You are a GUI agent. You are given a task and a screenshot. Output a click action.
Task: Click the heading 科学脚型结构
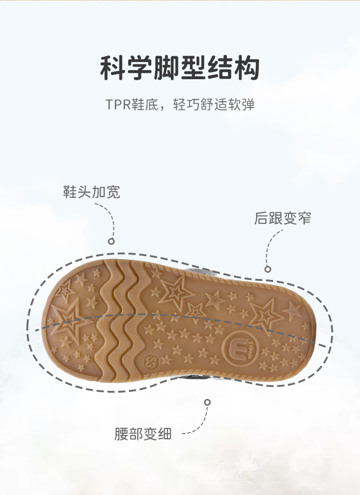(180, 68)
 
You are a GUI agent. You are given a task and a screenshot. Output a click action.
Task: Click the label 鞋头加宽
(92, 192)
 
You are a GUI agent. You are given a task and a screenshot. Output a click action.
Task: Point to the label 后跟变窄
(283, 218)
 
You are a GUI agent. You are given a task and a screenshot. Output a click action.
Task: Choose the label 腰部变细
(143, 434)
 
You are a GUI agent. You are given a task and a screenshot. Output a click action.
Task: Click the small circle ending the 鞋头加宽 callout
(111, 241)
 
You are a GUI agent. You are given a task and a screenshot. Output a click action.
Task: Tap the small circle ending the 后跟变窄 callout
(268, 269)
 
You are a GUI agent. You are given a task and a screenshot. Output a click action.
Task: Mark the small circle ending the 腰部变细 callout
(207, 402)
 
